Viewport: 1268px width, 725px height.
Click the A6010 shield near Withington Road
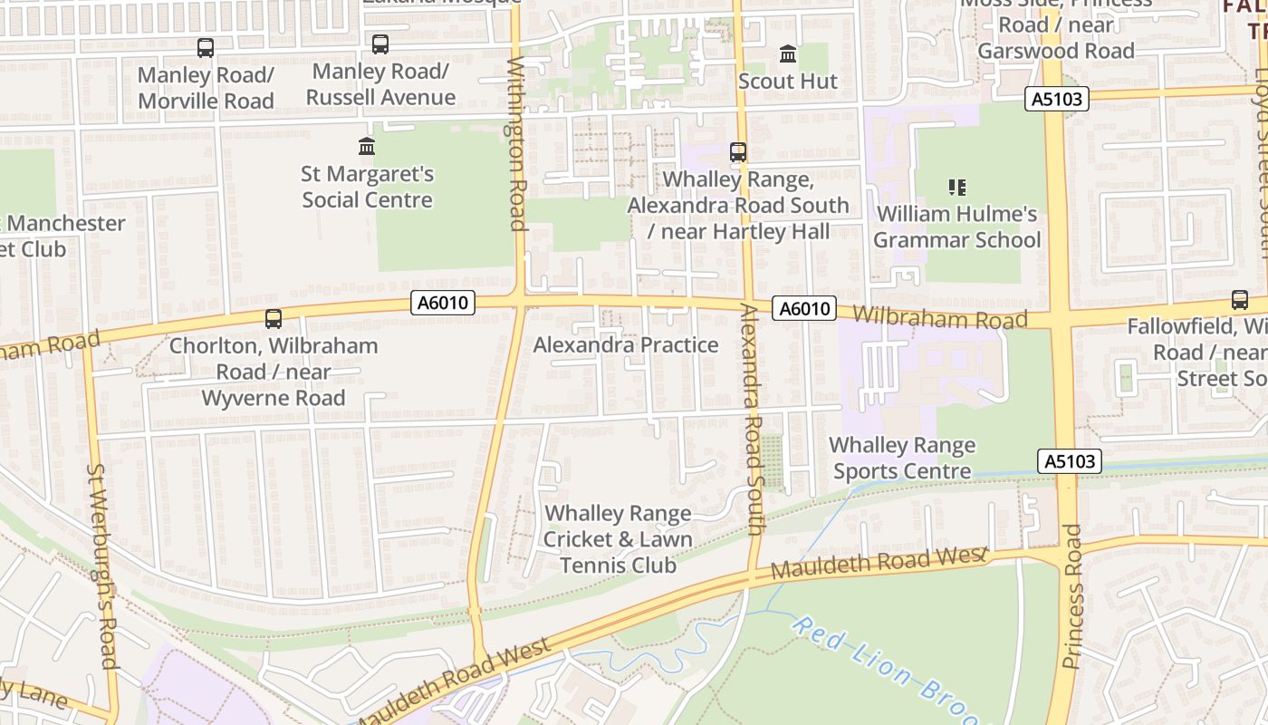click(443, 303)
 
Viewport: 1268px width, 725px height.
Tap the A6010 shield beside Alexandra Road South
click(803, 309)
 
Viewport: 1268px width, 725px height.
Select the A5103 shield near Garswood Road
click(1057, 99)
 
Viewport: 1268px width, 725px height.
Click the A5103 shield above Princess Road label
click(1070, 461)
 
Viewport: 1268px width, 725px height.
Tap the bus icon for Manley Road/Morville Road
click(206, 48)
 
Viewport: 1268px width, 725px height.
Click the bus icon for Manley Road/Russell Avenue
click(380, 43)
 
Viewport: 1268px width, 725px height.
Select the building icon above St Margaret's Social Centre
click(367, 146)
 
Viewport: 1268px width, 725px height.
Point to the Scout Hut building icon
click(788, 54)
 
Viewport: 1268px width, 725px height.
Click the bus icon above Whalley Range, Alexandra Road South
click(738, 152)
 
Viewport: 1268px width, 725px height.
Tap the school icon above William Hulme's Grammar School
click(957, 188)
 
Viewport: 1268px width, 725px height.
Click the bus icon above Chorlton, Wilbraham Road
click(274, 319)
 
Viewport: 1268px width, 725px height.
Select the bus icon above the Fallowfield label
click(1239, 300)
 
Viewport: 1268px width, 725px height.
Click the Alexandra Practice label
click(626, 345)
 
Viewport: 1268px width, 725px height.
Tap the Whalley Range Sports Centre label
click(902, 458)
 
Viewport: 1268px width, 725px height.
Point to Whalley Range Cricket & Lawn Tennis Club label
click(618, 539)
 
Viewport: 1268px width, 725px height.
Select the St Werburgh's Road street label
click(102, 566)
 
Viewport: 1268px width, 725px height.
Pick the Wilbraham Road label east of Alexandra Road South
click(939, 318)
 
